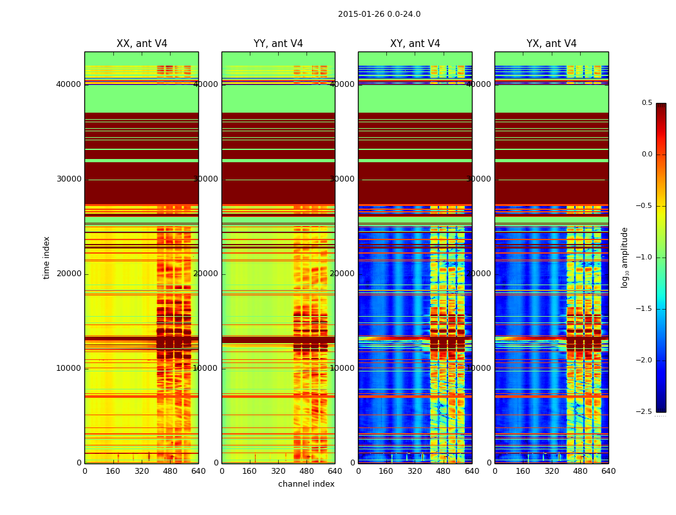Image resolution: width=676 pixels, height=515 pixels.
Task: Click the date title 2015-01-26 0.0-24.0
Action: (379, 14)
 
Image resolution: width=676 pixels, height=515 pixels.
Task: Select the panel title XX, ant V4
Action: (142, 44)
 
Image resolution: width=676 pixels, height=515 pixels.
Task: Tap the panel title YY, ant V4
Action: (278, 44)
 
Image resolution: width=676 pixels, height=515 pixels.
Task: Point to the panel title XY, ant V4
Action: (415, 44)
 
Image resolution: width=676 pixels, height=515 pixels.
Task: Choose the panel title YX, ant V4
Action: (552, 44)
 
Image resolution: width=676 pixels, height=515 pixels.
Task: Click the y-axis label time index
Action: (46, 257)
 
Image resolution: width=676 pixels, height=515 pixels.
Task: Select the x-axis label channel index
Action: (306, 484)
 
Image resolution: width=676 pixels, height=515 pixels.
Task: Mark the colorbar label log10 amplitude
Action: (624, 257)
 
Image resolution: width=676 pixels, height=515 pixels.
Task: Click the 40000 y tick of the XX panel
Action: (69, 84)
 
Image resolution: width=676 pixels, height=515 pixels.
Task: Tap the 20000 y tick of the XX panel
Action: (69, 274)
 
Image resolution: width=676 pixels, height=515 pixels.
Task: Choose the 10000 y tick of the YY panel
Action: (206, 368)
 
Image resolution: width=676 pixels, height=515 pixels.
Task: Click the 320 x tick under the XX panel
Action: (142, 471)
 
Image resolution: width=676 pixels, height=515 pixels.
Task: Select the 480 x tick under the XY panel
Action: (444, 471)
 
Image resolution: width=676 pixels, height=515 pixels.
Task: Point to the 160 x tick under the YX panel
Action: (523, 471)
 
